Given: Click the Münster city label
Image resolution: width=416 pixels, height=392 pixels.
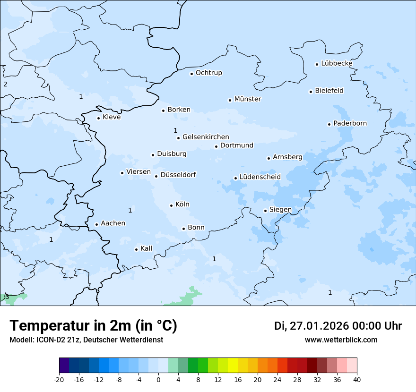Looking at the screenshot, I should (x=247, y=99).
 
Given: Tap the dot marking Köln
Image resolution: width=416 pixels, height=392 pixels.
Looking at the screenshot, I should (x=171, y=205).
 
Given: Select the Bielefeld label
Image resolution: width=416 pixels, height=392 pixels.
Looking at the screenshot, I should (x=329, y=91).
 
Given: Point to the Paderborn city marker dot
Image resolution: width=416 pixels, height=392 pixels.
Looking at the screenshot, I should (x=329, y=124).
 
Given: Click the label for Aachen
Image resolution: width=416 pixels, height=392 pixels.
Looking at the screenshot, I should (x=113, y=223).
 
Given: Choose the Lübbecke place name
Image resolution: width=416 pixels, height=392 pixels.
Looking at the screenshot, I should (x=337, y=63).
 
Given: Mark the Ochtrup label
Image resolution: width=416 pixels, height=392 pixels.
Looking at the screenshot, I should (x=208, y=73).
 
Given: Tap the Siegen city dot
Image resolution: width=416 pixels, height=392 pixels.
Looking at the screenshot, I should (x=265, y=211).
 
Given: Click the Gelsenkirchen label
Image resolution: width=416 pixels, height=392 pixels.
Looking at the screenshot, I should (x=206, y=137).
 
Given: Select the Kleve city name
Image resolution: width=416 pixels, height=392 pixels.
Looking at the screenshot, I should (x=112, y=117).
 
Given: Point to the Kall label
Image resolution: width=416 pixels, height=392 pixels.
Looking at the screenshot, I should (x=146, y=248).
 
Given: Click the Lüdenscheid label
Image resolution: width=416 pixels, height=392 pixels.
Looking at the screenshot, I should (x=260, y=177).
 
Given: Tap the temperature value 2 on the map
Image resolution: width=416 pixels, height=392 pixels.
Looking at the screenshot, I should (x=5, y=85).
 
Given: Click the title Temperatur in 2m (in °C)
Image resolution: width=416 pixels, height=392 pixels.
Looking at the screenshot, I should (x=93, y=326).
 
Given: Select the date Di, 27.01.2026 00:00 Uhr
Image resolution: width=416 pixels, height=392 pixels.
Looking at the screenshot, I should (x=338, y=326).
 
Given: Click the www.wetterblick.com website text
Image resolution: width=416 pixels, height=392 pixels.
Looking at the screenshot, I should (x=341, y=340).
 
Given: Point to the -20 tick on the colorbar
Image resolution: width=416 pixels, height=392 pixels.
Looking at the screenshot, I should (x=59, y=379).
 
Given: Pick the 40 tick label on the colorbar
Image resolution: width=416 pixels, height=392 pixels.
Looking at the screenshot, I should (x=357, y=379).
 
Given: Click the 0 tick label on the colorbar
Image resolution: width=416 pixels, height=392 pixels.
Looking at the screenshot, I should (x=158, y=379).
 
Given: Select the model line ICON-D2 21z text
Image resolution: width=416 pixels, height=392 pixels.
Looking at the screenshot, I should (x=86, y=340).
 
